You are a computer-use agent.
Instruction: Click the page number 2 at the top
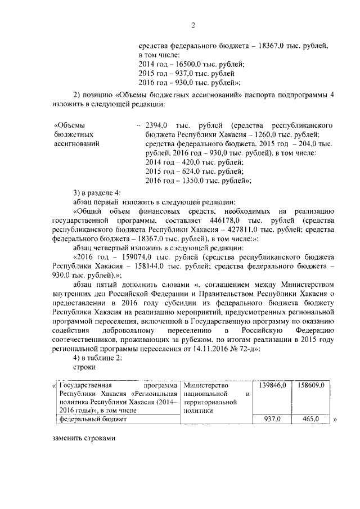(193, 25)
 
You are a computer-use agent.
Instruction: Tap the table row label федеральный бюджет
(94, 420)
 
